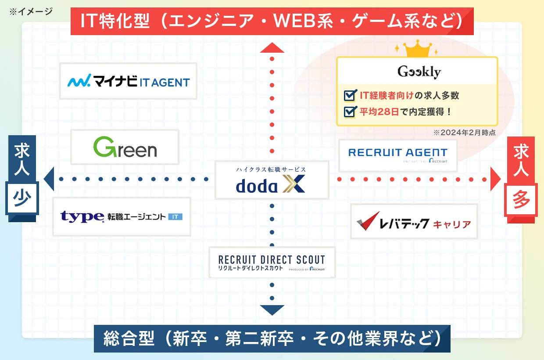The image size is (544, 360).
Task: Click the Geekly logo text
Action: point(419,71)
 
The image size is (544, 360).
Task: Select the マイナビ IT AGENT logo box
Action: point(128,81)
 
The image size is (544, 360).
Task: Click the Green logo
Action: point(125,147)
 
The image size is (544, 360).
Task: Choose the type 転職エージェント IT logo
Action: point(122,216)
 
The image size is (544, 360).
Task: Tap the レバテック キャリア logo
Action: point(414,221)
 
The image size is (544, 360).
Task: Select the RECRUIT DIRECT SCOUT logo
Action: point(272,263)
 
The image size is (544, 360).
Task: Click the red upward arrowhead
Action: point(272,48)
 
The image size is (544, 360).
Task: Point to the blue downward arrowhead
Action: point(272,310)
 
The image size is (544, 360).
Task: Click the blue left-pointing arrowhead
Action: point(49,179)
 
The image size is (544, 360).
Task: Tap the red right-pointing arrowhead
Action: point(495,179)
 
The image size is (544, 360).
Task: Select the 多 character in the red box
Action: point(521,200)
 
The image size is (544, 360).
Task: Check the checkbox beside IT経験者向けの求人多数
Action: point(350,95)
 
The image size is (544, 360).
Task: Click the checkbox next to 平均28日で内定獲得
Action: point(350,112)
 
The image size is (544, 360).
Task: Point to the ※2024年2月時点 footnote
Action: point(464,133)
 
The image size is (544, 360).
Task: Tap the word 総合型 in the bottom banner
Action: point(129,338)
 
